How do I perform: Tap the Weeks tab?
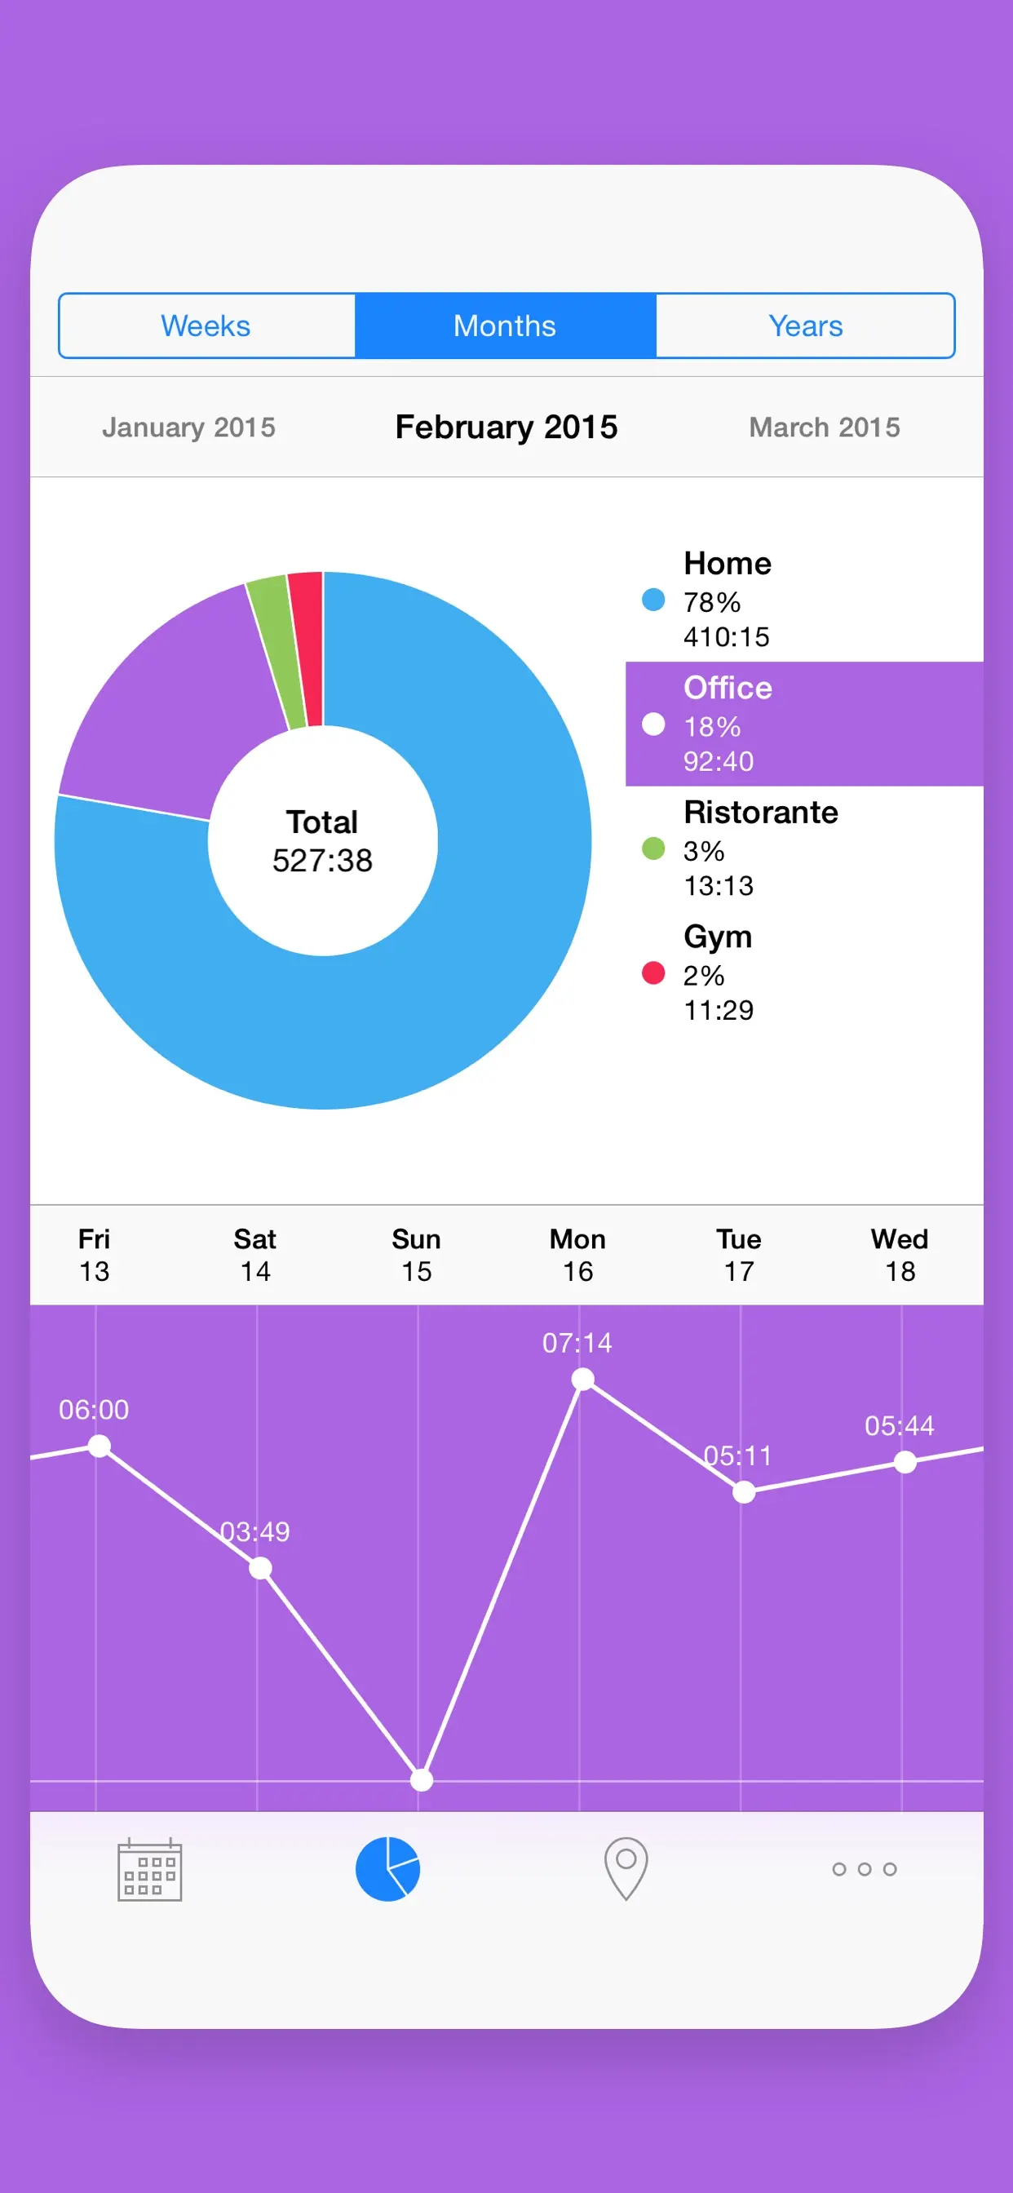206,326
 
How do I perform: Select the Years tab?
804,326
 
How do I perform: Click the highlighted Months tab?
505,326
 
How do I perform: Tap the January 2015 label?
189,428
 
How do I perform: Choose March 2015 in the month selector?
824,428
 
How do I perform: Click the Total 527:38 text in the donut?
323,842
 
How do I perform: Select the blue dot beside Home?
653,600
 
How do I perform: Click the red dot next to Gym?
653,973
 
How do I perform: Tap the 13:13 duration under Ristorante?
719,886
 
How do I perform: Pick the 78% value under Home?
712,602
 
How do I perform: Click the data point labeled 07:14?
583,1379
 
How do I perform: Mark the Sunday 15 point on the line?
422,1780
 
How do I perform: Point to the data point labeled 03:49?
260,1568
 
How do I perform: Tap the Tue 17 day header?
739,1255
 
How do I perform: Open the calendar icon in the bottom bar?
150,1869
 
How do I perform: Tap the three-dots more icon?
864,1869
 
